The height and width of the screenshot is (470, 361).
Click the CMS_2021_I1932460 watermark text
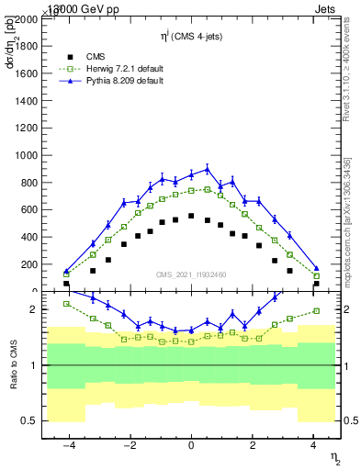pos(191,274)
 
